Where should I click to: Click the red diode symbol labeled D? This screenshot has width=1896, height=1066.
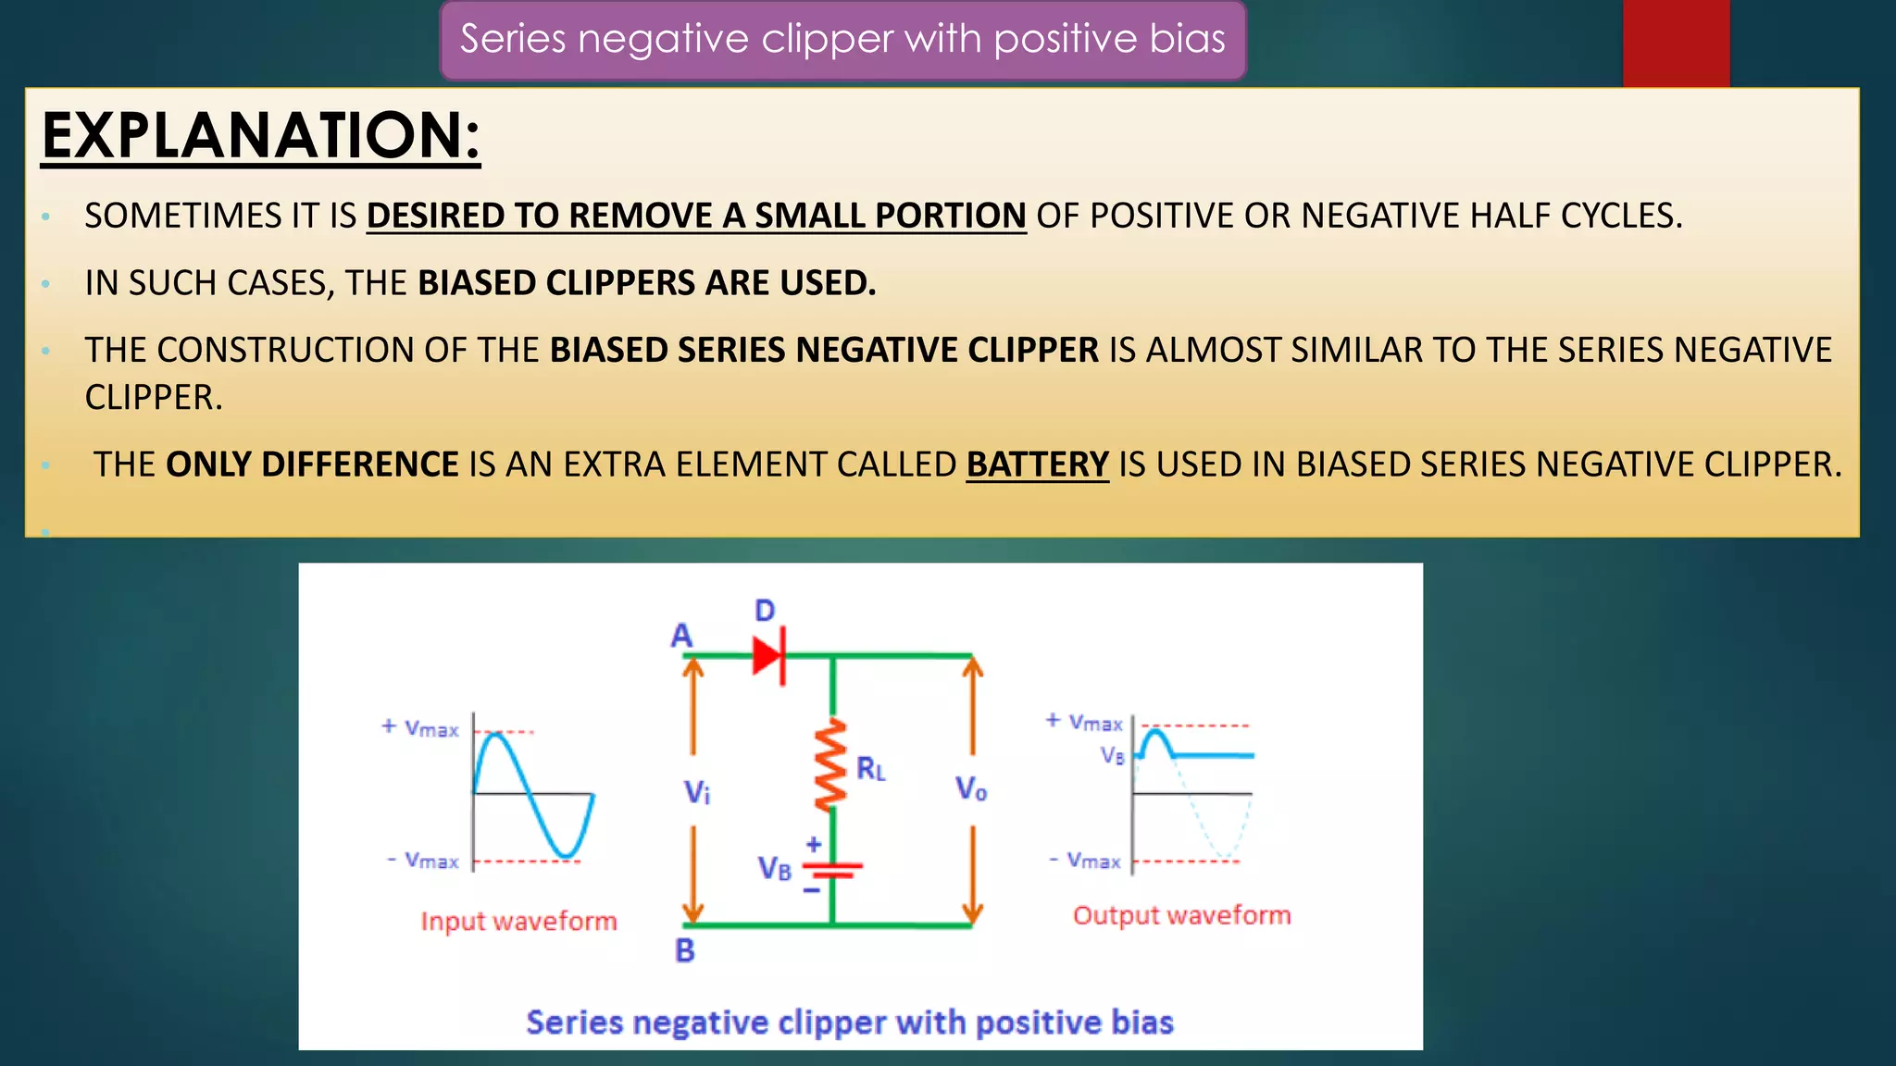tap(769, 656)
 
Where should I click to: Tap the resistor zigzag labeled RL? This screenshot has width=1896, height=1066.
tap(830, 764)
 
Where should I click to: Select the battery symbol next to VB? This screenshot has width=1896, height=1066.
tap(832, 870)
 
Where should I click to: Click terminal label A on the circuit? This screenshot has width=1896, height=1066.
tap(681, 636)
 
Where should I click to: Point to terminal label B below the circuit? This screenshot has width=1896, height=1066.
tap(685, 950)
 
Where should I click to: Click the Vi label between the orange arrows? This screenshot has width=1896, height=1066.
tap(697, 792)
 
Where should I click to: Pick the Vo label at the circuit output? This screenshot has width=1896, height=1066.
tap(971, 788)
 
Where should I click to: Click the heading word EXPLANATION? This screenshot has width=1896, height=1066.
tap(261, 135)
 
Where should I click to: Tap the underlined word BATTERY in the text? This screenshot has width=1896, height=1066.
tap(1037, 465)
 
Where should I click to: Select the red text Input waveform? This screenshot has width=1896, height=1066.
tap(518, 921)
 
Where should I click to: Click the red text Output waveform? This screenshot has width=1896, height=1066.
tap(1181, 915)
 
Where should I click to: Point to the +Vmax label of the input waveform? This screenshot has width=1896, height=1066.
tap(420, 728)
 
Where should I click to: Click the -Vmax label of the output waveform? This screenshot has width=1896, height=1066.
tap(1085, 861)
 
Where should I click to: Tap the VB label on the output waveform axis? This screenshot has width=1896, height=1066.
tap(1113, 755)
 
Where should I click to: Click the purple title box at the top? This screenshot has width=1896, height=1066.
tap(842, 40)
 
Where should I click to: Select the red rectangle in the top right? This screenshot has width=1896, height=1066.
tap(1676, 43)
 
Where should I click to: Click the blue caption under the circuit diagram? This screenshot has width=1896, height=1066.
tap(849, 1023)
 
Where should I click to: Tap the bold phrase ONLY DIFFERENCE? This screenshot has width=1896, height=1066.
tap(312, 465)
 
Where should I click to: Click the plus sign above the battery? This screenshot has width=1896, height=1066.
tap(814, 844)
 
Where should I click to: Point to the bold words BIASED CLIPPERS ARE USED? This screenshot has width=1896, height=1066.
tap(646, 283)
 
